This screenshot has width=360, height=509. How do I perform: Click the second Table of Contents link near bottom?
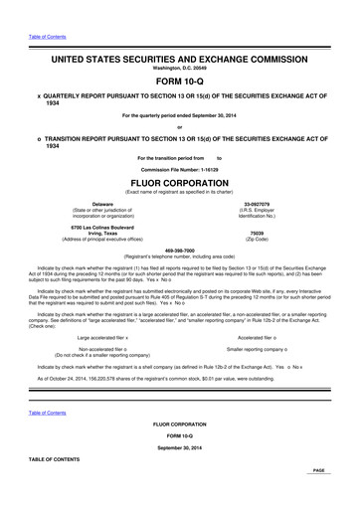(x=47, y=412)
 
